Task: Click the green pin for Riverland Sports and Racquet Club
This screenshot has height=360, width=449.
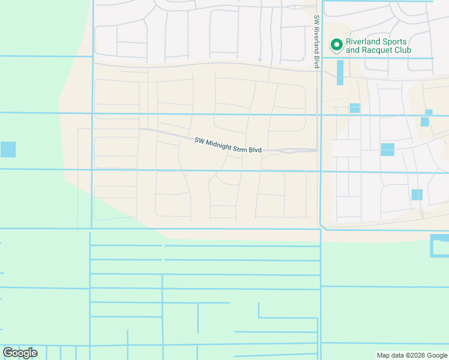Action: coord(337,44)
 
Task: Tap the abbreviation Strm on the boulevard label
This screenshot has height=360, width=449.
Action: coord(240,148)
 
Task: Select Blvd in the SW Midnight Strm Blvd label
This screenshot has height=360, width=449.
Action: coord(255,150)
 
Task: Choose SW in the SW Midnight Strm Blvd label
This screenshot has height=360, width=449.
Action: coord(199,141)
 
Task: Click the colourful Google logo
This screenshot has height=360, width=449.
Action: coord(20,353)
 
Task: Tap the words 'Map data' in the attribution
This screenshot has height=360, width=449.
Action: coord(390,356)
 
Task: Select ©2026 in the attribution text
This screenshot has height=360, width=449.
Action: coord(414,356)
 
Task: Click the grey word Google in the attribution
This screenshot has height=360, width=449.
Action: coord(437,356)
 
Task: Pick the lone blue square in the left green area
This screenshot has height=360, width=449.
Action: coord(8,149)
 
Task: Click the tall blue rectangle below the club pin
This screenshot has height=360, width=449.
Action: coord(340,73)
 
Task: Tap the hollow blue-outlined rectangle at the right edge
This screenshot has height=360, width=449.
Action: coord(439,246)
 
